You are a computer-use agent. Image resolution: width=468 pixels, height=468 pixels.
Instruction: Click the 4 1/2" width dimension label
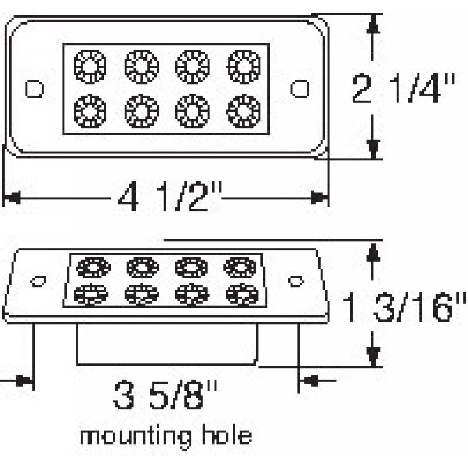[x=170, y=199]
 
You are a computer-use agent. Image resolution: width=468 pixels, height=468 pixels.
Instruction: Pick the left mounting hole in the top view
[x=35, y=88]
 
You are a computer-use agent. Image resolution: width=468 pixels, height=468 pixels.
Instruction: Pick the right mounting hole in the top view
[x=301, y=88]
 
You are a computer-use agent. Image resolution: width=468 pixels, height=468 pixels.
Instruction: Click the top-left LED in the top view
[x=90, y=65]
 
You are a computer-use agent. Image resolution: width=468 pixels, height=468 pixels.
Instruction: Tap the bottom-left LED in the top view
[x=90, y=109]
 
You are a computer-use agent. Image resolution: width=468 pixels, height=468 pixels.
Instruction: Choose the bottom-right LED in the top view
[x=243, y=109]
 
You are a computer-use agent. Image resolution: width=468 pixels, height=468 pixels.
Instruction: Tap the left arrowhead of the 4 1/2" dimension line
[x=12, y=198]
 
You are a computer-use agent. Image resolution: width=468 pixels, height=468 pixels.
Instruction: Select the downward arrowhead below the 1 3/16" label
[x=374, y=355]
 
